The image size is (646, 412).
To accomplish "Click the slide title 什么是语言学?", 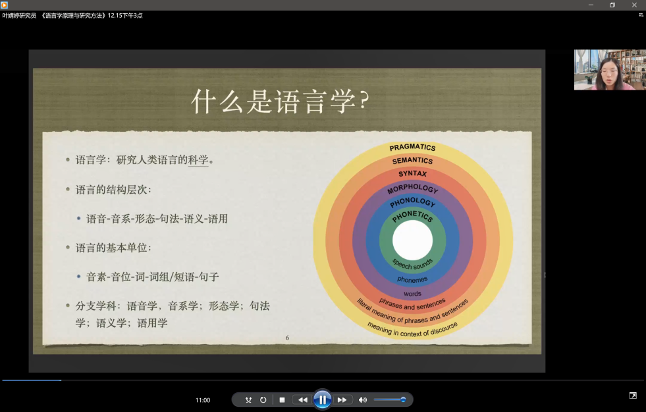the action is [281, 101].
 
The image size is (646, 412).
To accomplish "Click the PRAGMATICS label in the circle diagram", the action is [412, 147].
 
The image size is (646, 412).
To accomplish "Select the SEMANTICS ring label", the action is [412, 160].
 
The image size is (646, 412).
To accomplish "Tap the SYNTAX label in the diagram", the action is [412, 173].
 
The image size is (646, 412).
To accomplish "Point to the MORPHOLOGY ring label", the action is [412, 189].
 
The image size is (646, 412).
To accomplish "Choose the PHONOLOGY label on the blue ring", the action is [412, 202].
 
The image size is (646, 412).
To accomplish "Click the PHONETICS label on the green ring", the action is [412, 216].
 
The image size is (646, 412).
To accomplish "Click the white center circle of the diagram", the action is [412, 241].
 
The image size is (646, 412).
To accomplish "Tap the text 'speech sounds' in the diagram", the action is [412, 264].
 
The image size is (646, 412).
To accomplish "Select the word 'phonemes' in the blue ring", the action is [412, 280].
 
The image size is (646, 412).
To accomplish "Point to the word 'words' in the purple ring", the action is [412, 293].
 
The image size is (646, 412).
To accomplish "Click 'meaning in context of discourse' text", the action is [412, 330].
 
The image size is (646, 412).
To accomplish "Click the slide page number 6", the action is [287, 338].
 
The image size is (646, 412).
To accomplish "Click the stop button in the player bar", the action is [282, 399].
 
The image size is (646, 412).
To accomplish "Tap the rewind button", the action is [303, 399].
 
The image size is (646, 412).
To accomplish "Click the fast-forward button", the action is [342, 399].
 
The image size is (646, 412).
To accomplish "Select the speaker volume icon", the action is [363, 399].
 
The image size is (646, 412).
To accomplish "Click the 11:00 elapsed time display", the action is [203, 400].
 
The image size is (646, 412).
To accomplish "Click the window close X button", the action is [634, 5].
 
